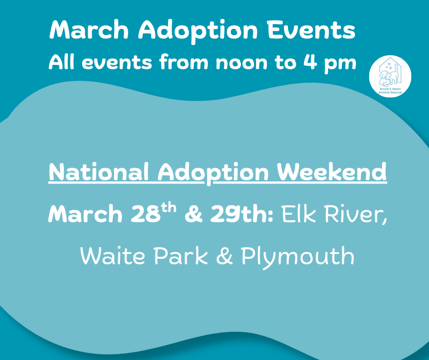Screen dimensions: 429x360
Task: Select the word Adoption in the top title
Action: pyautogui.click(x=198, y=31)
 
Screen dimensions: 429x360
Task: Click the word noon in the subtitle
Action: pyautogui.click(x=241, y=63)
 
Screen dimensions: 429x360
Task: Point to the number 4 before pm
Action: pyautogui.click(x=310, y=62)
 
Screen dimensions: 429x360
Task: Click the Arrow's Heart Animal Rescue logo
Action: pyautogui.click(x=390, y=76)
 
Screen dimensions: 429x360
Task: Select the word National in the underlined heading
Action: pyautogui.click(x=99, y=172)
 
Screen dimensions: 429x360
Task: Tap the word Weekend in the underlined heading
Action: pyautogui.click(x=332, y=172)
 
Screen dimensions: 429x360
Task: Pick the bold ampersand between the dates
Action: pyautogui.click(x=194, y=214)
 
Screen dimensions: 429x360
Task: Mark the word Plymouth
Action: pyautogui.click(x=298, y=257)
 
